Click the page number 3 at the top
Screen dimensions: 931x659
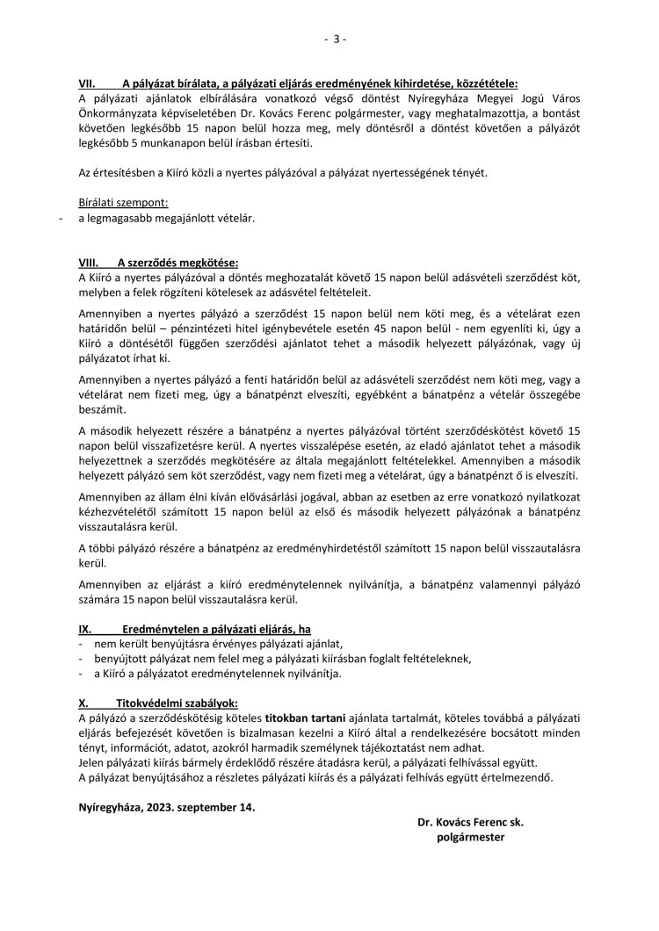point(335,39)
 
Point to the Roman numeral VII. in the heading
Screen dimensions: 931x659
point(88,84)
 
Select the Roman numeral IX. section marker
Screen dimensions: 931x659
point(85,631)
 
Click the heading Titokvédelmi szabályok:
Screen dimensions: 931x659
point(177,704)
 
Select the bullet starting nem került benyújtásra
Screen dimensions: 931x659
point(186,645)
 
